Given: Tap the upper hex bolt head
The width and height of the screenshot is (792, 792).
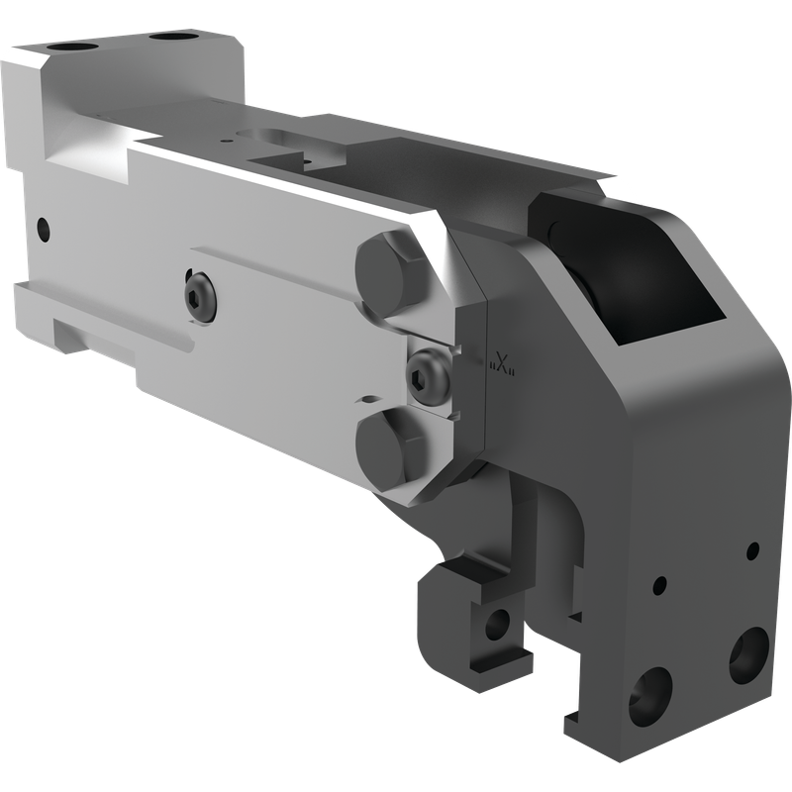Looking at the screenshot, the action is [x=388, y=273].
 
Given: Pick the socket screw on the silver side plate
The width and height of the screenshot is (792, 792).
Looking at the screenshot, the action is [x=202, y=297].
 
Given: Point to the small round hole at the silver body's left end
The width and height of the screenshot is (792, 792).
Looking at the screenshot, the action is [x=44, y=230].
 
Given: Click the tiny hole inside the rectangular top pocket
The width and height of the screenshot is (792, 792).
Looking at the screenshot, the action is [x=306, y=163].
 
